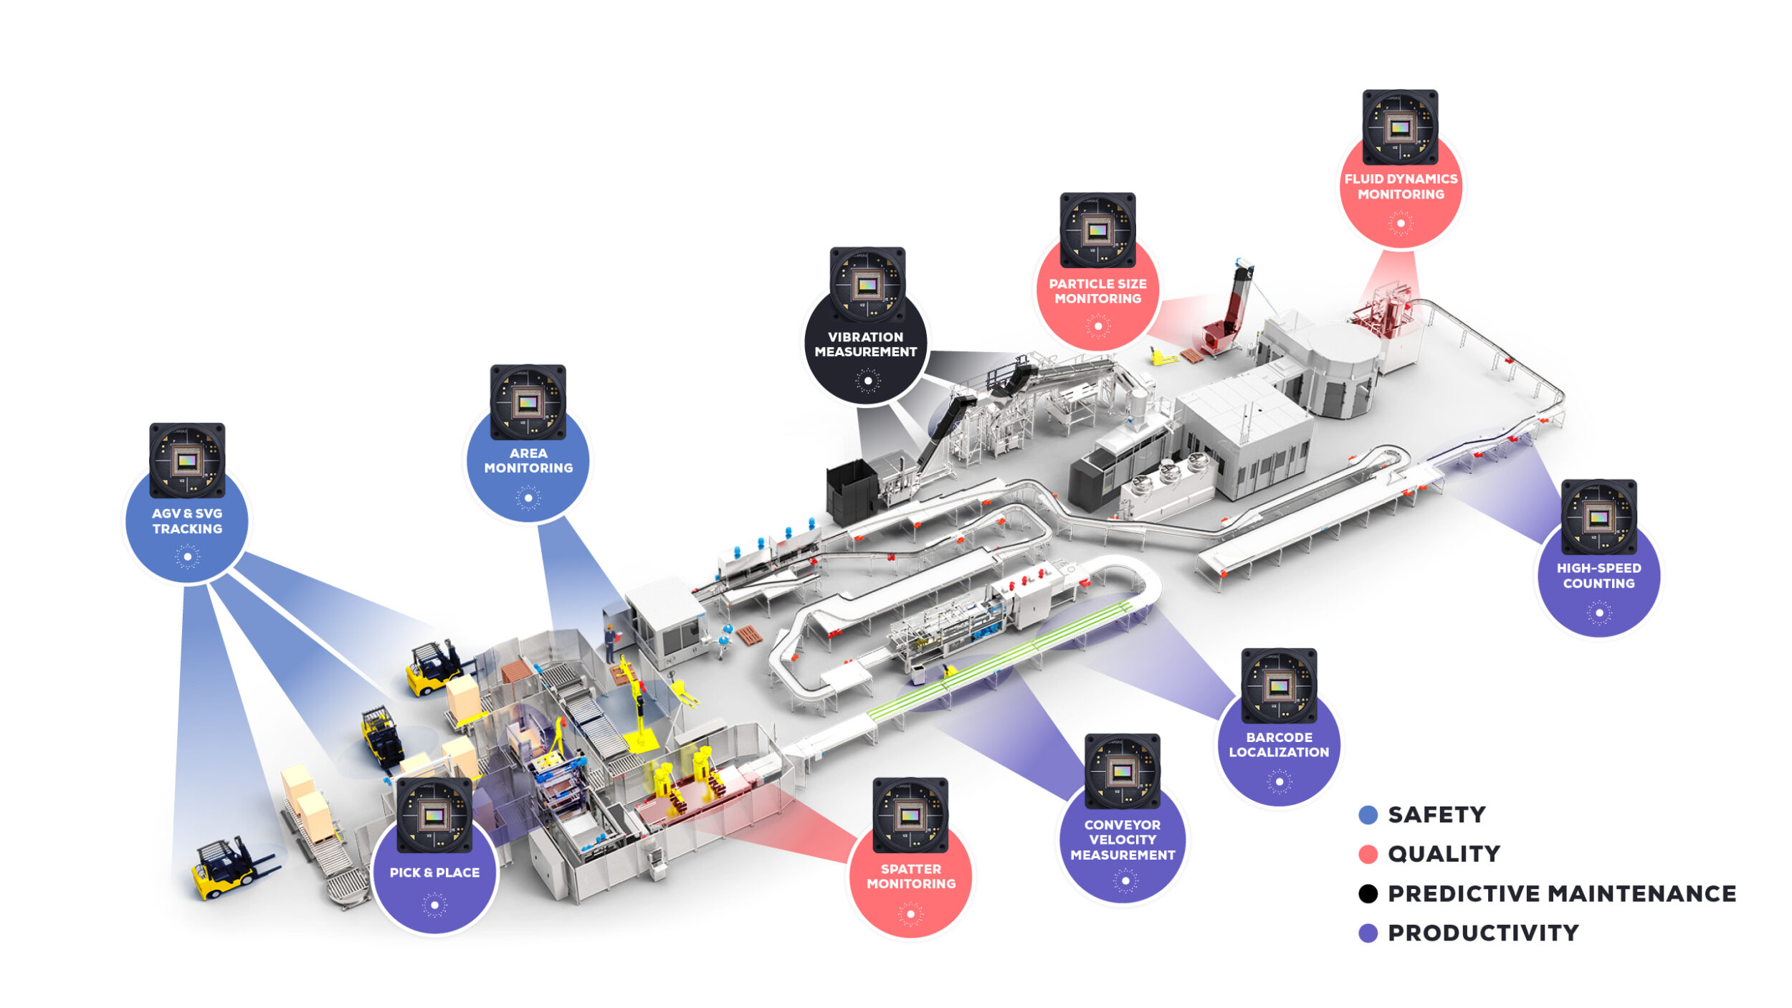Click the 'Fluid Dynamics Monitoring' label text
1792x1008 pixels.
point(1401,186)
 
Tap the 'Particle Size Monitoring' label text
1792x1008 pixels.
point(1097,291)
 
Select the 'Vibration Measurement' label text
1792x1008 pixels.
point(866,344)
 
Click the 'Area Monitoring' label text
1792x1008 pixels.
point(528,460)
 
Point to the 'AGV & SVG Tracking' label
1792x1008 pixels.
point(187,521)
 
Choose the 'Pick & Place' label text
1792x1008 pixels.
point(434,873)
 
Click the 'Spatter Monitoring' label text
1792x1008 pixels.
point(911,876)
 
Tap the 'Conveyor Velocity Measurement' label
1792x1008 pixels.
point(1123,840)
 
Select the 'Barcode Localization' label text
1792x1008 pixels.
point(1279,744)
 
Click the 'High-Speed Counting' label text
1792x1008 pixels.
point(1598,576)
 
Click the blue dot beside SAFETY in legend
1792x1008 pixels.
point(1368,814)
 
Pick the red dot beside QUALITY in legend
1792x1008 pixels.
point(1368,854)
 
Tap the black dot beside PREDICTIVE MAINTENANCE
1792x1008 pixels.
point(1368,893)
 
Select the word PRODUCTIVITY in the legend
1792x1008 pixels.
point(1483,933)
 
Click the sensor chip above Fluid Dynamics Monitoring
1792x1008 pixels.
point(1400,127)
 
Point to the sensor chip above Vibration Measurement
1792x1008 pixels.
point(867,285)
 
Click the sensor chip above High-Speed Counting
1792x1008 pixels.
point(1598,517)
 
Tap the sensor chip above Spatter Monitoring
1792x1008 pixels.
point(910,815)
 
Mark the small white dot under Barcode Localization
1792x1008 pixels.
point(1279,782)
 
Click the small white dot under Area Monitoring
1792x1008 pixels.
point(528,498)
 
